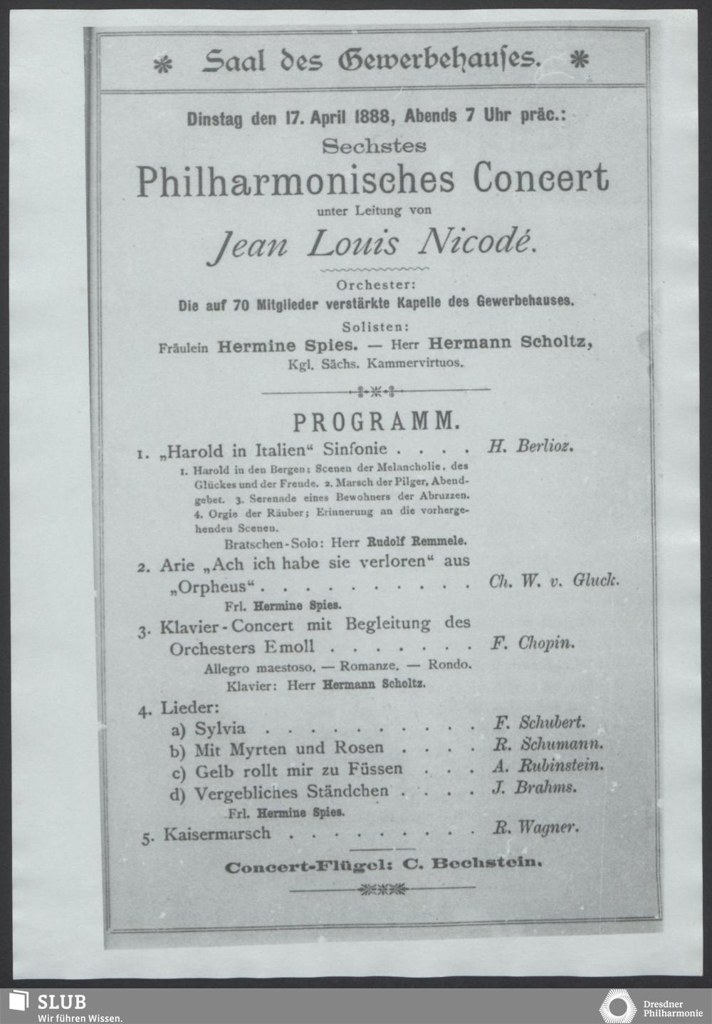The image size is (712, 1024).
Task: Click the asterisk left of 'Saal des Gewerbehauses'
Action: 162,64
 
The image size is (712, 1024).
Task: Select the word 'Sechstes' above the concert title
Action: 374,145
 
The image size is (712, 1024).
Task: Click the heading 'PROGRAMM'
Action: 374,421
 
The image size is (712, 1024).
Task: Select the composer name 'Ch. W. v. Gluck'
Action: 553,581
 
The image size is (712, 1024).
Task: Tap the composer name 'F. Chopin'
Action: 533,643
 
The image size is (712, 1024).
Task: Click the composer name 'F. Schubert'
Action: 539,722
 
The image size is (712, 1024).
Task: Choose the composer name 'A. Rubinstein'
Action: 548,766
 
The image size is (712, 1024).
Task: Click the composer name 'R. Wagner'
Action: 535,828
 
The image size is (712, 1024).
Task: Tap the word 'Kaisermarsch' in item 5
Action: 217,833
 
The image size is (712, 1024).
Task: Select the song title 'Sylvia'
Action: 220,728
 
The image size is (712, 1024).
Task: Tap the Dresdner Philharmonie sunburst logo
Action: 617,1005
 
